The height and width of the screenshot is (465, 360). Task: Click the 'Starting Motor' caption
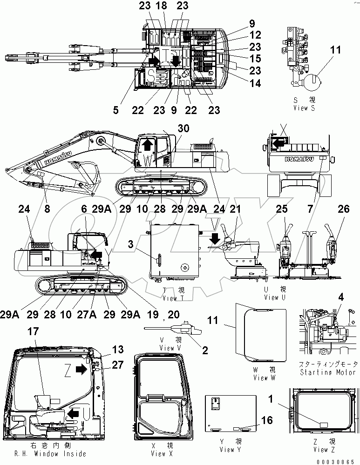tap(329, 372)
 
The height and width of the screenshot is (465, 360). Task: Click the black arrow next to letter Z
tap(81, 369)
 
